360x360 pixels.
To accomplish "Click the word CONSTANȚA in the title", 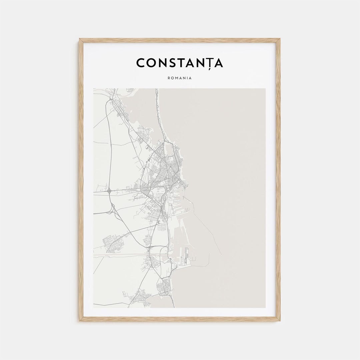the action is (x=180, y=63).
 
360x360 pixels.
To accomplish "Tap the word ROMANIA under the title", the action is (x=180, y=78).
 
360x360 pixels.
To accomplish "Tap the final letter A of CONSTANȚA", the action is (x=218, y=63).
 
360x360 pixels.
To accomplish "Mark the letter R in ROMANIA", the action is (x=169, y=78).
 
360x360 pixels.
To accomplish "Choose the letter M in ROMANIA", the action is (x=176, y=78).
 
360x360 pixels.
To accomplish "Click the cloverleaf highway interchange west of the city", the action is (x=109, y=191).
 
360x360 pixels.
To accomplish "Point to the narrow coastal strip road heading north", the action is (x=158, y=110).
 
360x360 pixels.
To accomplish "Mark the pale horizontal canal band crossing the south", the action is (x=120, y=255).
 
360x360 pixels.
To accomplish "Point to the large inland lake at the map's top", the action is (x=140, y=107).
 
